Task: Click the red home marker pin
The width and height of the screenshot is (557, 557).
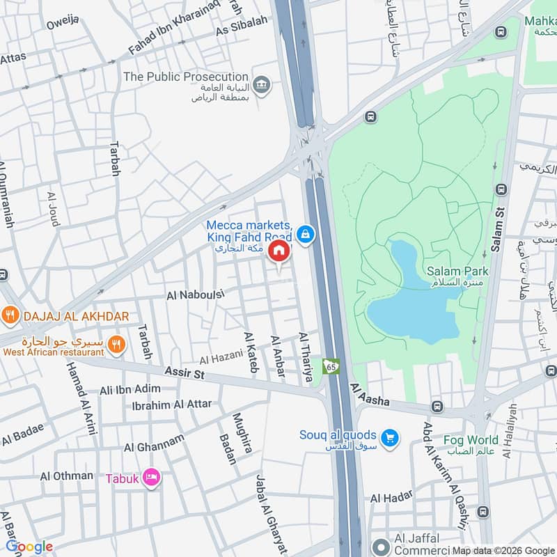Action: tap(279, 251)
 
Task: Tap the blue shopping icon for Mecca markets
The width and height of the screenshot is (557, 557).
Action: tap(304, 235)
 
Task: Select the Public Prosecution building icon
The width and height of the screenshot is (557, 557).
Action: tap(261, 86)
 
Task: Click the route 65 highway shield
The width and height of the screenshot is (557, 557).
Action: tap(330, 365)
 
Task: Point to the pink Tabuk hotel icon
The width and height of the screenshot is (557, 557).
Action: tap(151, 478)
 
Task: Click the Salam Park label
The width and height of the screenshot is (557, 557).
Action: tap(457, 271)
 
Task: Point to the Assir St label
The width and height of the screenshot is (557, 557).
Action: tap(185, 374)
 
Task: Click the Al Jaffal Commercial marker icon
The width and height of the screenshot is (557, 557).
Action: tap(380, 547)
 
